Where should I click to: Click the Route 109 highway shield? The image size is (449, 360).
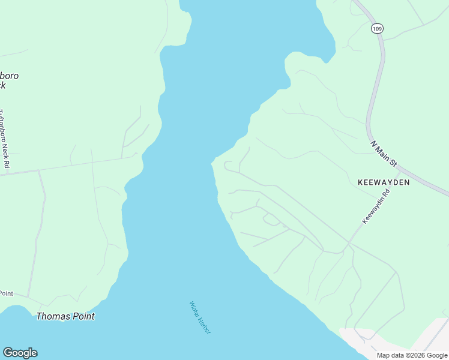tap(376, 28)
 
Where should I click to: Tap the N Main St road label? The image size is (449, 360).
tap(384, 154)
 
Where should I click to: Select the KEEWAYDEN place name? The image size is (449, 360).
tap(384, 182)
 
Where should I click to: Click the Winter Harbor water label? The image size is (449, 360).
tap(200, 317)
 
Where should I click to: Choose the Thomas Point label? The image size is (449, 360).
tap(65, 316)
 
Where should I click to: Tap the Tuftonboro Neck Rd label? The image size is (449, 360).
tap(5, 139)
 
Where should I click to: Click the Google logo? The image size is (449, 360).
tap(20, 353)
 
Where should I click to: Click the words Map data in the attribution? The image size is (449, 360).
tap(390, 355)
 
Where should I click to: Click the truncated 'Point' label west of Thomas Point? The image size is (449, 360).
tap(6, 293)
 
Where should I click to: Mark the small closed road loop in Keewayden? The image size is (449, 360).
tap(271, 220)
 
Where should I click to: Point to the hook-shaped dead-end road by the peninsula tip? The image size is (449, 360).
tap(226, 164)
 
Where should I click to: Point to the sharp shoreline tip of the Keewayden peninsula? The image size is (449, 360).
tap(212, 163)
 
